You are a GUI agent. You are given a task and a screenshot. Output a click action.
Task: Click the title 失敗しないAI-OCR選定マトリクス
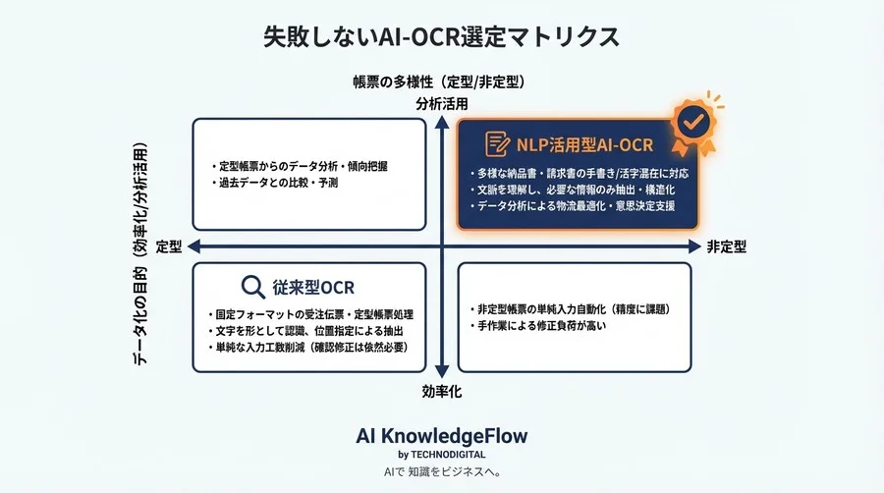coord(441,37)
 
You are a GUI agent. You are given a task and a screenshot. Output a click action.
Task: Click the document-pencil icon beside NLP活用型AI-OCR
coord(497,144)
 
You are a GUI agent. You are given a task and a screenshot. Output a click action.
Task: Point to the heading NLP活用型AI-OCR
coord(584,145)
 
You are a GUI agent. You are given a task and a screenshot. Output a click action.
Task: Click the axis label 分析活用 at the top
coord(441,102)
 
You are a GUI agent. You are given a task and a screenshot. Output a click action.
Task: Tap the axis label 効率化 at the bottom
coord(442,391)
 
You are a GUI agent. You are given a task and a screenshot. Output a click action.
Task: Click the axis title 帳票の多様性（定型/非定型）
coord(441,81)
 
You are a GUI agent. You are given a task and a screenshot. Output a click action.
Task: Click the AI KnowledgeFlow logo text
coord(442,435)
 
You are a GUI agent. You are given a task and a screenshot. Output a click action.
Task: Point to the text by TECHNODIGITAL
coord(442,455)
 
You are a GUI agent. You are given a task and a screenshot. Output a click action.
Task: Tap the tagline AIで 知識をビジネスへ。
coord(442,472)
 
